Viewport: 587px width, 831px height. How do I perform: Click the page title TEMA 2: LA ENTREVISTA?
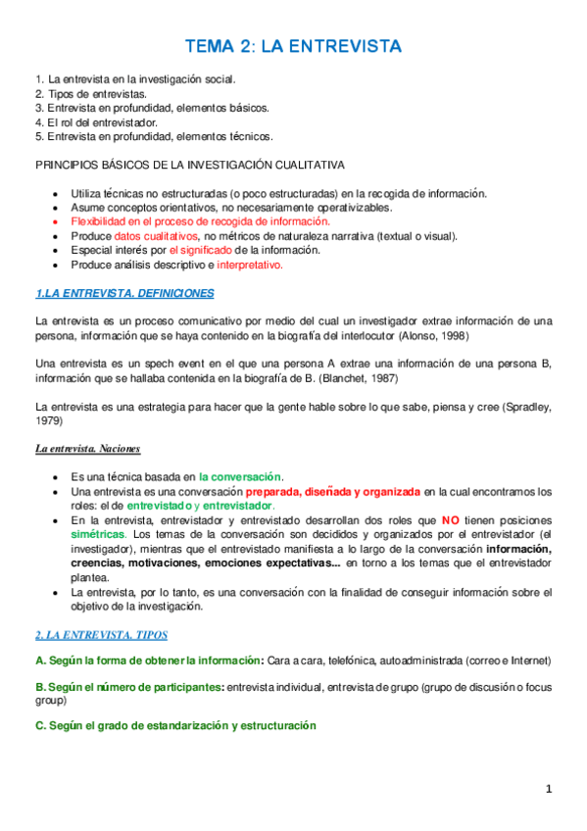click(x=293, y=47)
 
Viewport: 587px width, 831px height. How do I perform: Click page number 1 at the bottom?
click(x=550, y=789)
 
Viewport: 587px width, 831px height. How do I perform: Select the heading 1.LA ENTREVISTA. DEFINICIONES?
click(x=123, y=292)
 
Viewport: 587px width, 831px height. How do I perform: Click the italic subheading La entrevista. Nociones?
click(x=88, y=448)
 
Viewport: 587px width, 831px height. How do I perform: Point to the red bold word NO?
click(x=451, y=519)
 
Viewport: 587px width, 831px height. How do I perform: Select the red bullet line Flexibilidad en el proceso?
click(x=193, y=222)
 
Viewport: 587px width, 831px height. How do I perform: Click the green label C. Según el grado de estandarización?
click(x=175, y=726)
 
